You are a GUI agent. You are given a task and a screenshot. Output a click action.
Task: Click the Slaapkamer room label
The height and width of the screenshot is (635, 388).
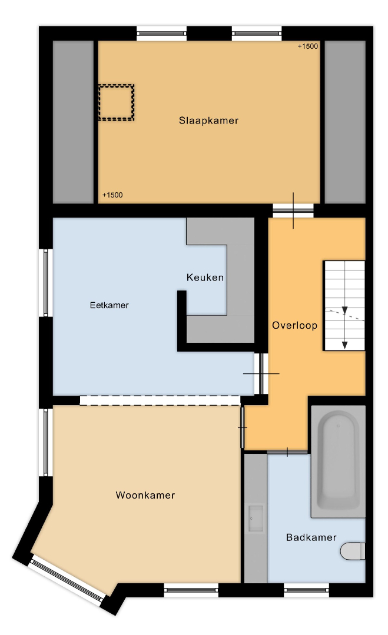(208, 121)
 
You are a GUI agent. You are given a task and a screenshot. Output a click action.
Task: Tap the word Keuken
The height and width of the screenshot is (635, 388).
(205, 278)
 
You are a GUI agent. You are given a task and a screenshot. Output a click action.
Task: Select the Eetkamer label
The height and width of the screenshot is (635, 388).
(109, 305)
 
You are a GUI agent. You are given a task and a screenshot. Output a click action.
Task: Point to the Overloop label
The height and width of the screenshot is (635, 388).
(295, 325)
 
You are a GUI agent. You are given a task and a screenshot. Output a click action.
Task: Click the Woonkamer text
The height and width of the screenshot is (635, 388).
(145, 495)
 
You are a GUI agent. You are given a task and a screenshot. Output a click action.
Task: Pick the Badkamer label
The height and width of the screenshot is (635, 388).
(311, 537)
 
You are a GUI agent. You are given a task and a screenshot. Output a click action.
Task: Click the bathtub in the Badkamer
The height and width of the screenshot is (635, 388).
(338, 462)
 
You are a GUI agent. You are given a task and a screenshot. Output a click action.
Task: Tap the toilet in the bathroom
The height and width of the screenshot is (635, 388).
(353, 551)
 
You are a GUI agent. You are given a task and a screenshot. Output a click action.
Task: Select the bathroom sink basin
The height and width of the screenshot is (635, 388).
(256, 519)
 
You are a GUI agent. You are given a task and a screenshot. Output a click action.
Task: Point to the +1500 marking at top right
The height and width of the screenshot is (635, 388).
(308, 46)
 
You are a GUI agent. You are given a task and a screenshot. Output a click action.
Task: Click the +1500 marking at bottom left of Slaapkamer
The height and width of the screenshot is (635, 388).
(112, 195)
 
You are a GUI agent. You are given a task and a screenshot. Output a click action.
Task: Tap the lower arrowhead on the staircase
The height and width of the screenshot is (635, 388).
(344, 345)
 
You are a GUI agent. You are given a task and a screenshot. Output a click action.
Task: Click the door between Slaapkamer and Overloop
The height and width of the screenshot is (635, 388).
(293, 210)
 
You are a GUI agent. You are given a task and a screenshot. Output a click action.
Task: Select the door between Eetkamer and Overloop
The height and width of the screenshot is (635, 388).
(261, 373)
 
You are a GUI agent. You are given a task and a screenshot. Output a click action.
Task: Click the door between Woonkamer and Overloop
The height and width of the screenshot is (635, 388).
(243, 427)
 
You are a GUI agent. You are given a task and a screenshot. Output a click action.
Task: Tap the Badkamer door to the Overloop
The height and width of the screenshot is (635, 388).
(287, 452)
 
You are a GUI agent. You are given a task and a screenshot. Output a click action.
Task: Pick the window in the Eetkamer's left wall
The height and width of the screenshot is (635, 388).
(45, 282)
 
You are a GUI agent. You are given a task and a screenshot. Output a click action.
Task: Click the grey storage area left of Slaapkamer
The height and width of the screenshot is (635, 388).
(73, 122)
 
